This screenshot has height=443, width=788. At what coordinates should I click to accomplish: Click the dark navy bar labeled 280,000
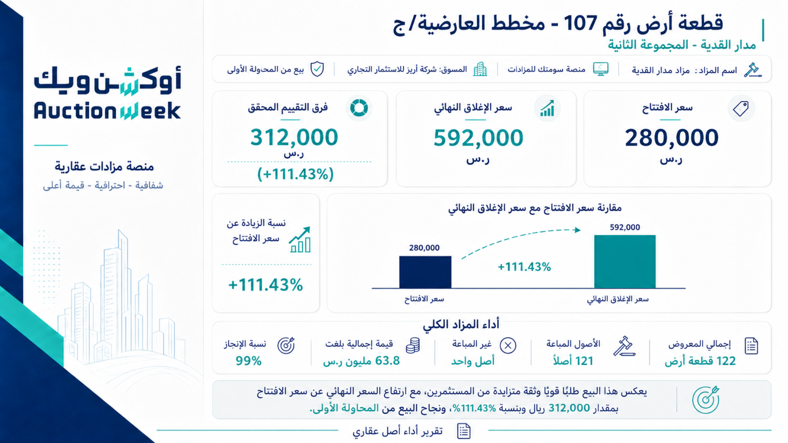(x=425, y=272)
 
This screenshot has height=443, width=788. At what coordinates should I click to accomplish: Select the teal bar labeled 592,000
(x=625, y=261)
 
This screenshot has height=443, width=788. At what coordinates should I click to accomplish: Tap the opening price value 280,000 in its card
(x=671, y=138)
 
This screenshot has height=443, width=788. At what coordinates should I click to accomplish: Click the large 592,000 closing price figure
(x=479, y=138)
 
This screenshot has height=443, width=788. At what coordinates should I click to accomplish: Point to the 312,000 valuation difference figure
(x=294, y=137)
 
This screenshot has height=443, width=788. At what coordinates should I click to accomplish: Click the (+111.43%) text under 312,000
(x=295, y=174)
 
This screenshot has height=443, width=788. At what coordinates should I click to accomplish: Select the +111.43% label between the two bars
(x=524, y=267)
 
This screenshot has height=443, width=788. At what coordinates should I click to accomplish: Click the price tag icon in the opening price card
(x=741, y=109)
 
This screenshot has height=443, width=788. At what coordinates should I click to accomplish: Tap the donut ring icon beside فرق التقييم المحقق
(x=359, y=108)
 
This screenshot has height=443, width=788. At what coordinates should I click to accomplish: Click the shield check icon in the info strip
(x=317, y=69)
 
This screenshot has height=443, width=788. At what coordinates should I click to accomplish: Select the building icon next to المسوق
(x=480, y=69)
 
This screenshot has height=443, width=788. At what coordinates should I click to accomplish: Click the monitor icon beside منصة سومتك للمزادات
(x=601, y=69)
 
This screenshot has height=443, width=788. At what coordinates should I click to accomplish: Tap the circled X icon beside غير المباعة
(x=508, y=346)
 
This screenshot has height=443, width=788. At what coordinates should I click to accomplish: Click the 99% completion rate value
(x=249, y=361)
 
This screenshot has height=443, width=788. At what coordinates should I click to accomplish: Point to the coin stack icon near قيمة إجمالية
(x=413, y=346)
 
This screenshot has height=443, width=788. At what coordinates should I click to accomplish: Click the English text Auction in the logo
(x=76, y=111)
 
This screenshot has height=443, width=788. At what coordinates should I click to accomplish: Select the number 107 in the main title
(x=580, y=23)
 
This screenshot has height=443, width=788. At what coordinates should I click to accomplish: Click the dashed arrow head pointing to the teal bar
(x=577, y=230)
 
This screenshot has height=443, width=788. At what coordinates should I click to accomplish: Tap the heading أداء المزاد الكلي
(x=461, y=324)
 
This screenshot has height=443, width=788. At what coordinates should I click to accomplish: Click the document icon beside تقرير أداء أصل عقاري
(x=464, y=431)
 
